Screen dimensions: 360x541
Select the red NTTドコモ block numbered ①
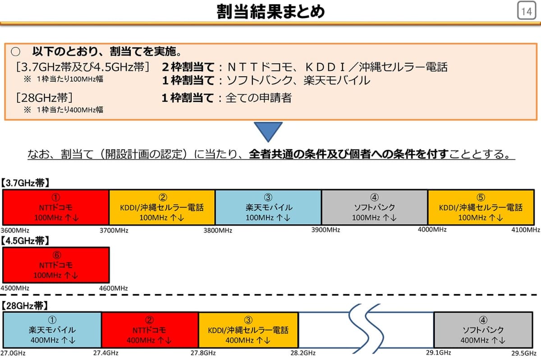[56, 208]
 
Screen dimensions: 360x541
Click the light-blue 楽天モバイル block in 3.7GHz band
[268, 208]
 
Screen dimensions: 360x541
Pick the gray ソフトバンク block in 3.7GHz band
[374, 208]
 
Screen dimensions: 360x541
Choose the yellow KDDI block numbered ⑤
[481, 208]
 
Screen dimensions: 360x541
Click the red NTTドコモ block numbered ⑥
[56, 265]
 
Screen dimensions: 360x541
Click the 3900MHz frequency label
[326, 230]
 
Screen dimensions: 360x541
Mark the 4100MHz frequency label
[526, 230]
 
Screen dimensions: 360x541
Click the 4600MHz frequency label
[114, 288]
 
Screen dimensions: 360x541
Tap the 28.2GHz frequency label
[303, 353]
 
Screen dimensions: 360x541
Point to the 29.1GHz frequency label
[438, 352]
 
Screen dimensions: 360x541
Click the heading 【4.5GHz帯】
[26, 240]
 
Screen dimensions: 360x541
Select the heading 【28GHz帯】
[24, 306]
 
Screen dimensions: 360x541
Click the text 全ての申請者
[258, 97]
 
